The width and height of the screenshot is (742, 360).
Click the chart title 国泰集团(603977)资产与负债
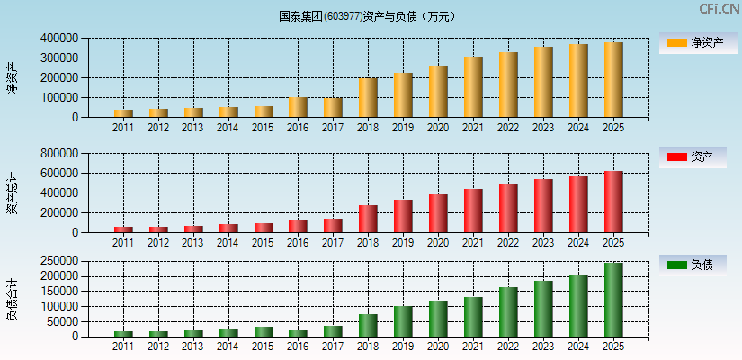click(x=367, y=16)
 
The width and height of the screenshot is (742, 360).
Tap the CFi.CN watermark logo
click(x=719, y=9)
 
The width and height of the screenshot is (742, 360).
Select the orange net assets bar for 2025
click(x=613, y=80)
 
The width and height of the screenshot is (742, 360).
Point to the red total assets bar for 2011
click(x=123, y=229)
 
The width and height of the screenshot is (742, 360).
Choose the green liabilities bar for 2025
click(x=613, y=300)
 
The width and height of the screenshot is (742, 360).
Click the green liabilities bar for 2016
click(x=298, y=333)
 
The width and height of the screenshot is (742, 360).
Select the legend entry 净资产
click(x=697, y=42)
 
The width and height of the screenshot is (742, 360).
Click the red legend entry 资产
click(x=697, y=157)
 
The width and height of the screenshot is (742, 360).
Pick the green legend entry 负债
click(x=697, y=265)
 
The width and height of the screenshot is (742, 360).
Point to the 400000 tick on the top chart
click(x=58, y=39)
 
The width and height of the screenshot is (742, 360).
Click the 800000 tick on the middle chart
click(x=58, y=154)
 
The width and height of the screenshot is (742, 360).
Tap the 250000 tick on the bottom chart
click(x=58, y=261)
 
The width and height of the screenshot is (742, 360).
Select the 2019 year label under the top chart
click(x=403, y=127)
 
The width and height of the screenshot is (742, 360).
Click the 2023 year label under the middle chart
click(x=543, y=242)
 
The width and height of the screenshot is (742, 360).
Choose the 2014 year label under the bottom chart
click(x=228, y=346)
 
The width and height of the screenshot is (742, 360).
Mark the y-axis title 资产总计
click(x=12, y=193)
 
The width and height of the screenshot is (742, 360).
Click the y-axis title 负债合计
click(x=12, y=300)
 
